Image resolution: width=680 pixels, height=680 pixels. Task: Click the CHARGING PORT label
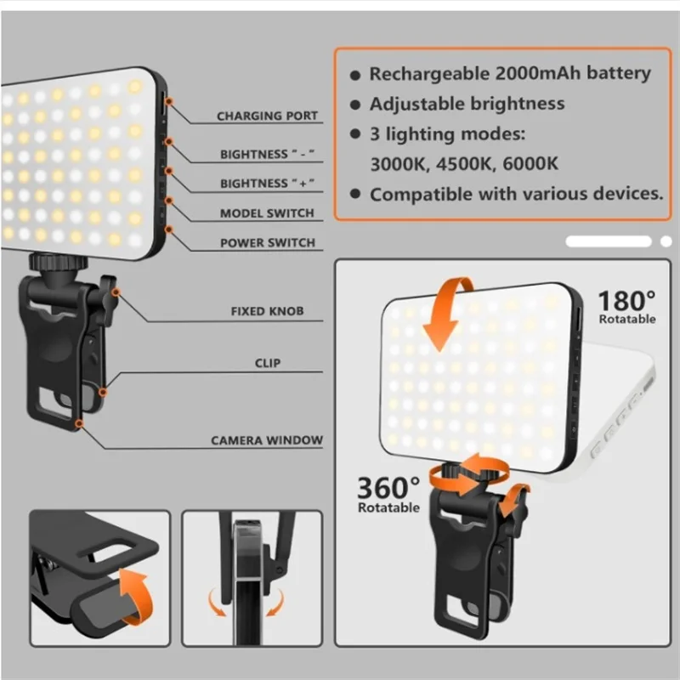[267, 116]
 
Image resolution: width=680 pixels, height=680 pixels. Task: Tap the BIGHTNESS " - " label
[267, 155]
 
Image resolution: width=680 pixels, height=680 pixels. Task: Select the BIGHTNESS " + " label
[267, 184]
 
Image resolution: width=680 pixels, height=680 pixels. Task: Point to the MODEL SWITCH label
[267, 213]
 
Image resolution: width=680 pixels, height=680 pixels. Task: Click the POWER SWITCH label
[267, 243]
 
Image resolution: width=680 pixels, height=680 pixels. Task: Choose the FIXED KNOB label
[267, 312]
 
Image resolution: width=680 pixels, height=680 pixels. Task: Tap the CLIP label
[267, 363]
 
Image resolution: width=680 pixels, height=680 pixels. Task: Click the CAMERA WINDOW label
[267, 440]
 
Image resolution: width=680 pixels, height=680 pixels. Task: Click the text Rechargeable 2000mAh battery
[510, 74]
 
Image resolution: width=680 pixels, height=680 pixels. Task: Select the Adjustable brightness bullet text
[467, 104]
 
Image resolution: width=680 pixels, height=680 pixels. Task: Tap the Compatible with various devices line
[516, 194]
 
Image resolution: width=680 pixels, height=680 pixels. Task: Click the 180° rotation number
[627, 300]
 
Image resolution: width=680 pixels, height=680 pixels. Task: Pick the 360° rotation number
[388, 488]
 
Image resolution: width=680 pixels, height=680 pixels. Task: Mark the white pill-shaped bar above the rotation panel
[609, 241]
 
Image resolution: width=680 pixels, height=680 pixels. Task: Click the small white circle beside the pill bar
[666, 241]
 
